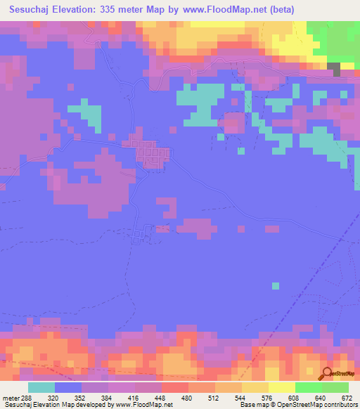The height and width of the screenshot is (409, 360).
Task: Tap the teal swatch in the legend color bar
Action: click(41, 387)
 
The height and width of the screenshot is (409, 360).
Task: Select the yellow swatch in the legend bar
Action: click(281, 387)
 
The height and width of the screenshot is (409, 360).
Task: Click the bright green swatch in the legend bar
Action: click(308, 387)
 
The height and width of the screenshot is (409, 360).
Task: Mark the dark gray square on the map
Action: click(335, 68)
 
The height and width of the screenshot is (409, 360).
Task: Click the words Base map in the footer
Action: click(255, 405)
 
